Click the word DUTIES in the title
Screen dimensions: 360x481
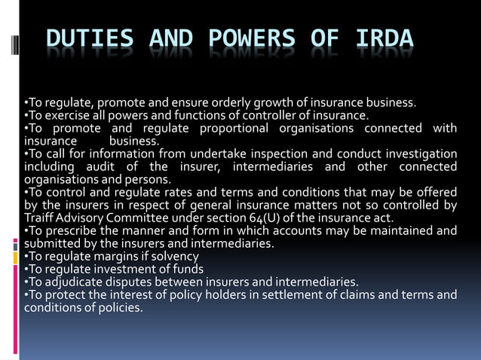coord(90,40)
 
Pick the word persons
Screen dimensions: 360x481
coord(150,179)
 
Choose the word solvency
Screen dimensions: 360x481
coord(171,256)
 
